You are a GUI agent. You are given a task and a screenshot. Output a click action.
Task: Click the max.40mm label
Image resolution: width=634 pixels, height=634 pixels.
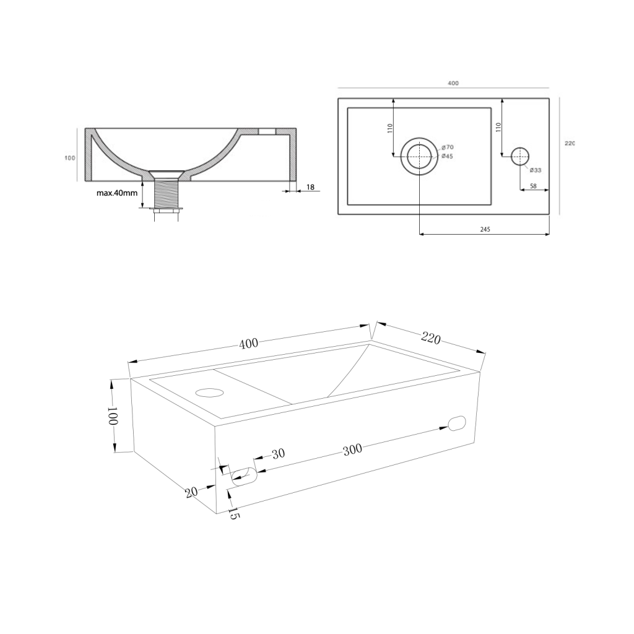[x=117, y=193]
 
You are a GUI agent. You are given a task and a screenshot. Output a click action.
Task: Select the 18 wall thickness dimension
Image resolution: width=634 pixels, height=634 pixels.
[x=311, y=187]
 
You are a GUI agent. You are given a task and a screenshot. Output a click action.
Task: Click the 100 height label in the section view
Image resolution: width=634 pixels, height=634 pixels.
[x=70, y=158]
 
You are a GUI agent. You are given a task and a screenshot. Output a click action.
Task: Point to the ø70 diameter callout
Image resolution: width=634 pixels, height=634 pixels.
[x=448, y=147]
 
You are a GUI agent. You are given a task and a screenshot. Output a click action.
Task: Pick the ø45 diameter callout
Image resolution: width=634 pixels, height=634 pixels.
[x=447, y=157]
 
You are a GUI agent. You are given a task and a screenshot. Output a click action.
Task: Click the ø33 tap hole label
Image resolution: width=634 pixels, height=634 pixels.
[x=536, y=170]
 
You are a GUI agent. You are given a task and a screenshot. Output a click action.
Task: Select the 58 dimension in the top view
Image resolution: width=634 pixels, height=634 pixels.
[x=533, y=186]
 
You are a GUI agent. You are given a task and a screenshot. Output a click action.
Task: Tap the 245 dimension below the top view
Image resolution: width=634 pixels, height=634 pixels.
[x=485, y=229]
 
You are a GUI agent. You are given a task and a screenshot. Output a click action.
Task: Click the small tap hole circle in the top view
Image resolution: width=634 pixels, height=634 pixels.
[x=520, y=156]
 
